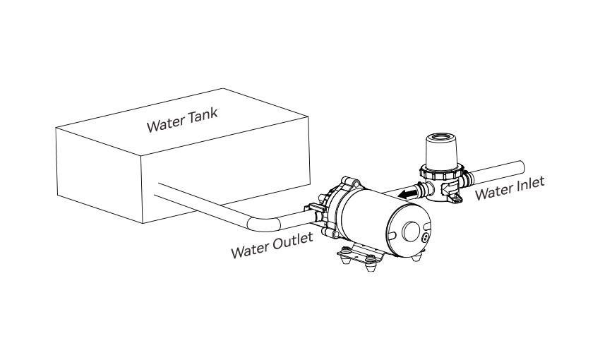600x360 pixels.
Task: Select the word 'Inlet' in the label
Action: click(x=530, y=184)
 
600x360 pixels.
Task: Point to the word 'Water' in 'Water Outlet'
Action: click(x=249, y=251)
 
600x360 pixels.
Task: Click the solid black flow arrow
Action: click(x=407, y=194)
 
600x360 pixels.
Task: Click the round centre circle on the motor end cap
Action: click(x=411, y=231)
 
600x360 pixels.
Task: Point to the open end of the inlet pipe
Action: click(x=520, y=167)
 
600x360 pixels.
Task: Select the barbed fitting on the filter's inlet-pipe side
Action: click(x=467, y=179)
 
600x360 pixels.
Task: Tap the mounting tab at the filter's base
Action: click(x=457, y=198)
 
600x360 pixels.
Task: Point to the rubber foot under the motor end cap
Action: click(x=416, y=257)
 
